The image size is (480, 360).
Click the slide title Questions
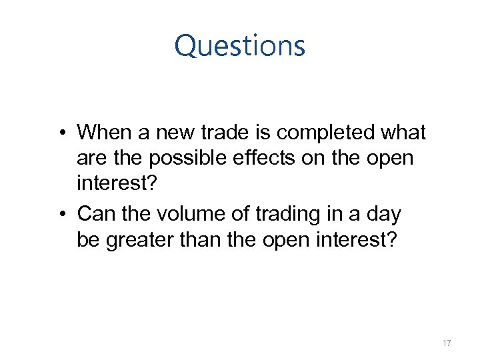[x=239, y=46]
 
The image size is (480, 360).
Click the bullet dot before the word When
[x=61, y=133]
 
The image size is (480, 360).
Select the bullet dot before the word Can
[x=61, y=215]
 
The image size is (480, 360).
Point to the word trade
[x=229, y=133]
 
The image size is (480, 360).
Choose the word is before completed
[x=264, y=133]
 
